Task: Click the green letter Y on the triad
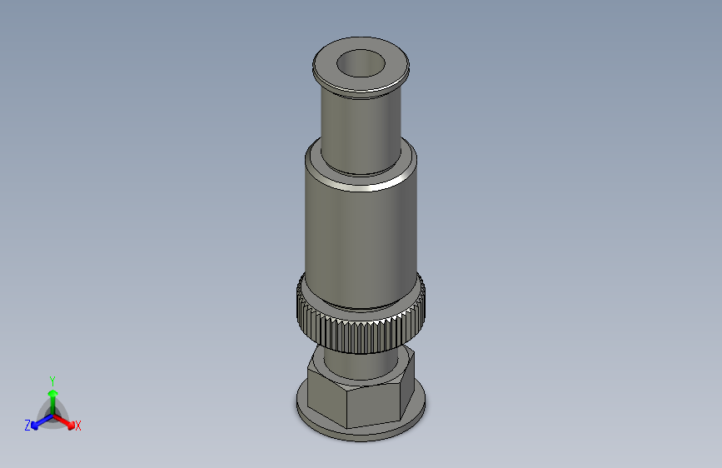point(52,380)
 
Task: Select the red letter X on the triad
point(78,426)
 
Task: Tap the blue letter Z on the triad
point(27,426)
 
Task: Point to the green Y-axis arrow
point(52,396)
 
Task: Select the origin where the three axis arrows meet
point(52,415)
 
